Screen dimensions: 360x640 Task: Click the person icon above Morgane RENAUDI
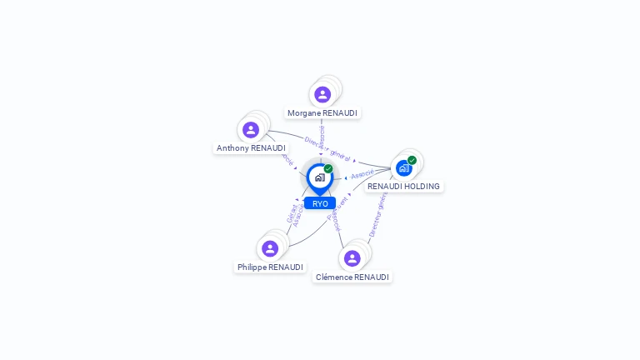click(x=322, y=94)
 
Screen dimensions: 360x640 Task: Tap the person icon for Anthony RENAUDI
click(x=250, y=130)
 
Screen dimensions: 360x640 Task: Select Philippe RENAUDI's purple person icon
click(x=269, y=248)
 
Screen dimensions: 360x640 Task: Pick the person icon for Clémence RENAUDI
click(x=352, y=258)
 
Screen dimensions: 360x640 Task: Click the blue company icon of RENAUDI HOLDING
click(x=403, y=168)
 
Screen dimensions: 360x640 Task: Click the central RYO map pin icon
click(x=319, y=177)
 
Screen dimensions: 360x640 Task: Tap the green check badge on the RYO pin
click(x=328, y=169)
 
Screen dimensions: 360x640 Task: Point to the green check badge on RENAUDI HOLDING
click(x=412, y=160)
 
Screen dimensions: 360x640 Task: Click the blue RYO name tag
click(x=320, y=203)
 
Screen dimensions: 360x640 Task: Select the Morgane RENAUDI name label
click(x=322, y=112)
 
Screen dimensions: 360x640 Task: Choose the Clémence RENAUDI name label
click(x=352, y=277)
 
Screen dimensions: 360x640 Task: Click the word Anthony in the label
click(x=232, y=148)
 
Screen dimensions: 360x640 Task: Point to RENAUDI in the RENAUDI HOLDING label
click(x=384, y=187)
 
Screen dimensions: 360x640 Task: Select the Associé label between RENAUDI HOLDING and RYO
click(x=362, y=175)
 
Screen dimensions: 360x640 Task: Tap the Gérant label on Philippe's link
click(x=291, y=213)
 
